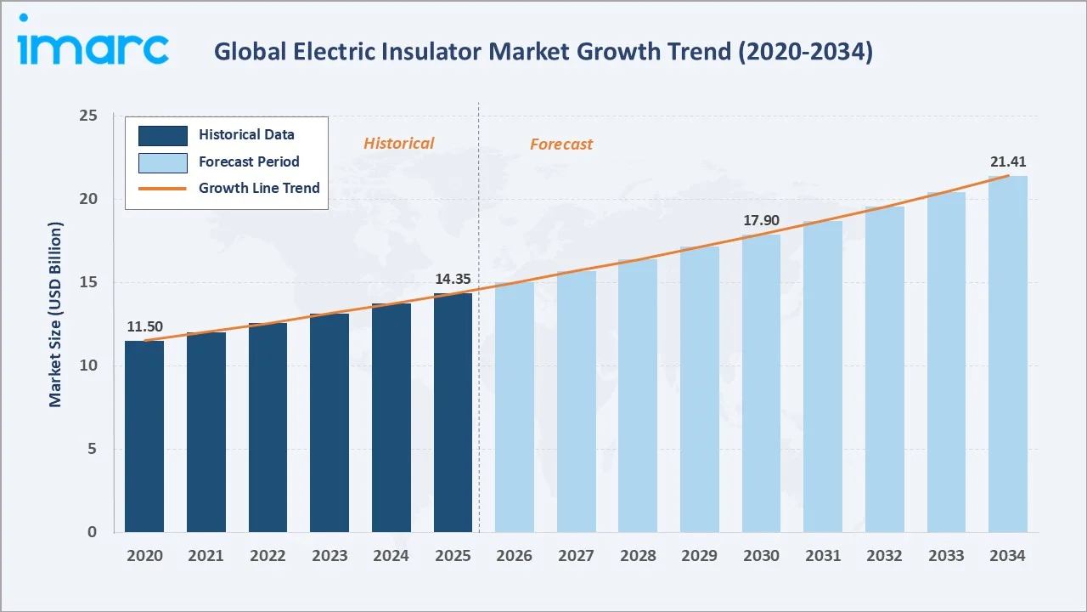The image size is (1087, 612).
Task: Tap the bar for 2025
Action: click(x=453, y=413)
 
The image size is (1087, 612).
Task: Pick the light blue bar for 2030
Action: click(x=761, y=383)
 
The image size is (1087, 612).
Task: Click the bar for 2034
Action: click(x=1007, y=354)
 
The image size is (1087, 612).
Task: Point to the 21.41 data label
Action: click(x=1007, y=161)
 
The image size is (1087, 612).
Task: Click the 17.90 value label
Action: click(x=761, y=221)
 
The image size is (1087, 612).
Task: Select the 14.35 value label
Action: click(x=453, y=279)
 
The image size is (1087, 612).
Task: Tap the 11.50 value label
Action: click(x=144, y=326)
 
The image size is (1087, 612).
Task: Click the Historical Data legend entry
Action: click(x=246, y=134)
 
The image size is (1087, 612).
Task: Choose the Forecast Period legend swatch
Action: click(x=162, y=161)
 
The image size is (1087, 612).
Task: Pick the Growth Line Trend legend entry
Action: click(x=258, y=188)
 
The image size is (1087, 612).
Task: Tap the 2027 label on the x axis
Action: click(x=576, y=555)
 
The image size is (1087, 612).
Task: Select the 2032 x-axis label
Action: click(x=884, y=555)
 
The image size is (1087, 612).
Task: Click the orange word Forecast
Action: click(x=561, y=144)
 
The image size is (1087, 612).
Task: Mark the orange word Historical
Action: click(x=398, y=143)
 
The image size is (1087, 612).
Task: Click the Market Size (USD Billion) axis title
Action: click(x=55, y=314)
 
